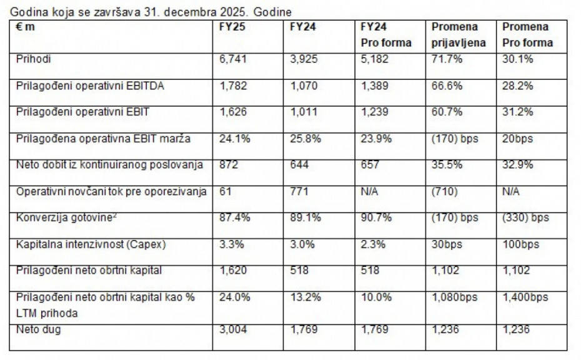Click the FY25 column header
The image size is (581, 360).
pyautogui.click(x=232, y=27)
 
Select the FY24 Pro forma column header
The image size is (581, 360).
pyautogui.click(x=386, y=35)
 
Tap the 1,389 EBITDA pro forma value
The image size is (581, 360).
pyautogui.click(x=374, y=86)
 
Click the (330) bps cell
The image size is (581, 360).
pyautogui.click(x=525, y=217)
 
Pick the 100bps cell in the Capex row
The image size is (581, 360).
pyautogui.click(x=520, y=244)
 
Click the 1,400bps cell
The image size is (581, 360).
pyautogui.click(x=525, y=298)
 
